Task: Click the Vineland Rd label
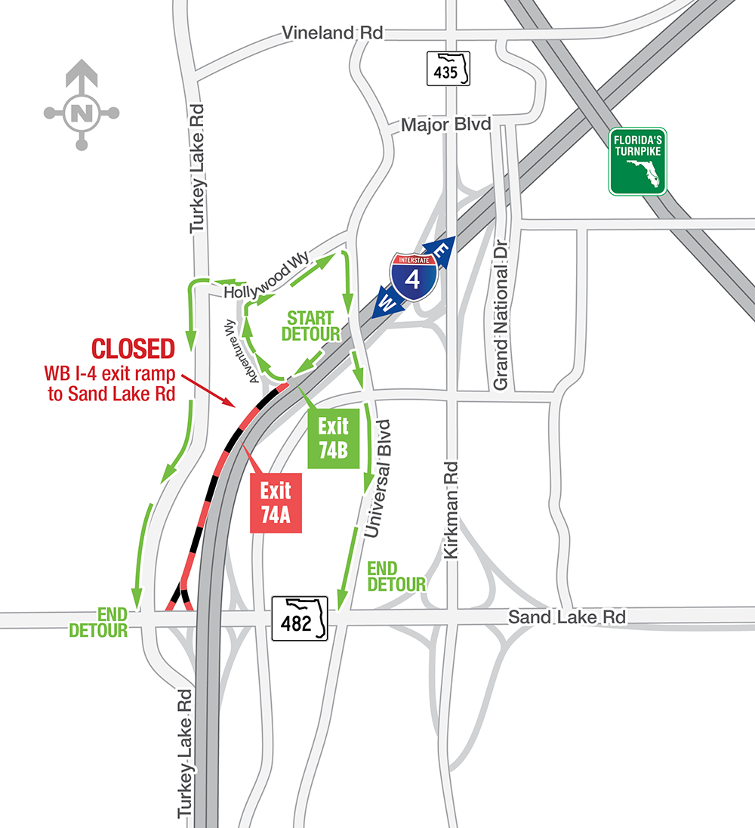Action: (332, 33)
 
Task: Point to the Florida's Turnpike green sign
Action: (638, 161)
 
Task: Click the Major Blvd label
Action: (445, 125)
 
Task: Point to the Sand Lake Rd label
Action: (567, 617)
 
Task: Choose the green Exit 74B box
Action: (332, 437)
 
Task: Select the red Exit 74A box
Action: (276, 502)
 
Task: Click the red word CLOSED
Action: (133, 348)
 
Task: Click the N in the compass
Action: (81, 113)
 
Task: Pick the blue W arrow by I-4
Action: (387, 304)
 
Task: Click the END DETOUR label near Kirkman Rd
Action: (396, 576)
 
